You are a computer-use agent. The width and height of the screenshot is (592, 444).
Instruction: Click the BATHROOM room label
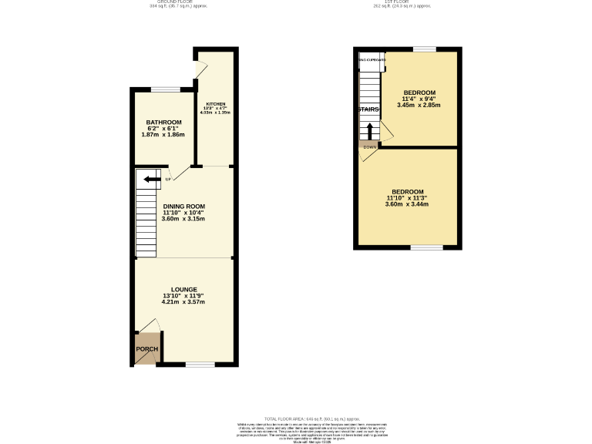163,123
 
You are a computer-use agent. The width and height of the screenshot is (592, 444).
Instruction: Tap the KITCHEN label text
215,103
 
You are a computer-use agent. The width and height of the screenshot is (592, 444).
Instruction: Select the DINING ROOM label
183,206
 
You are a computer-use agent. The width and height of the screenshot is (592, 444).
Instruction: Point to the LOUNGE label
183,289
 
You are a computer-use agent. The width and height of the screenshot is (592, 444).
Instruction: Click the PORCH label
146,349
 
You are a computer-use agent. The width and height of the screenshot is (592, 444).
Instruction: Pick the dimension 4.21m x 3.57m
183,302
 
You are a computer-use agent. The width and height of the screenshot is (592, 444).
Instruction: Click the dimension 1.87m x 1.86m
163,135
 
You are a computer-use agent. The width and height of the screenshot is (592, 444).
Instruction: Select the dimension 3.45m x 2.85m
419,105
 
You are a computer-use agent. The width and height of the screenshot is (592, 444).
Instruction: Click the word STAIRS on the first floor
368,110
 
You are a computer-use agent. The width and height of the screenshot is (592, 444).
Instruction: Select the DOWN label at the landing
369,146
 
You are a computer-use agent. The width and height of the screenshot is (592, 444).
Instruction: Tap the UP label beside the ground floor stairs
167,180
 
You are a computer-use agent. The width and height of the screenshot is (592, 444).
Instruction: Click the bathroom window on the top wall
166,90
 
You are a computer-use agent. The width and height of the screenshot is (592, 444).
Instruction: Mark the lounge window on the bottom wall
199,364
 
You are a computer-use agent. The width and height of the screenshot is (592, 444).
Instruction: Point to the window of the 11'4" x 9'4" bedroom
424,49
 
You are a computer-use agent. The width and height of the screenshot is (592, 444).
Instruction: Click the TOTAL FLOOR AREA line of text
311,417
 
